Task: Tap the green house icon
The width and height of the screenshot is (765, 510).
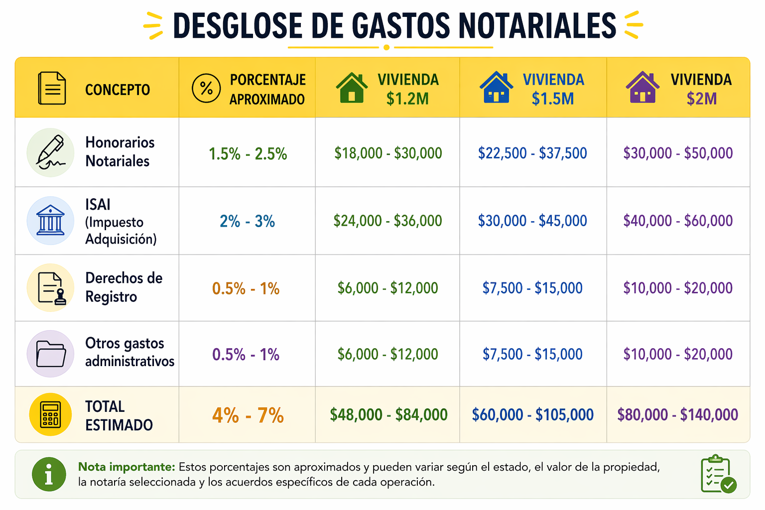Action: point(352,88)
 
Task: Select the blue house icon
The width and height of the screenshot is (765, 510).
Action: point(496,88)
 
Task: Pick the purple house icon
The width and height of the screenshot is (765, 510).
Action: point(642,88)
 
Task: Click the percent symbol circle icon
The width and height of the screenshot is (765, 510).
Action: point(206,88)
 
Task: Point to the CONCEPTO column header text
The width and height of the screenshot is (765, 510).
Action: point(118,90)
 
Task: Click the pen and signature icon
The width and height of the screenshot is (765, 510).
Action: point(50,152)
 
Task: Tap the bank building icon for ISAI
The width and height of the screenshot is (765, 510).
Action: point(50,220)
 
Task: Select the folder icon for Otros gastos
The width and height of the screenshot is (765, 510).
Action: point(50,354)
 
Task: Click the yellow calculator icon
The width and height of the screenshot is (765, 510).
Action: point(50,414)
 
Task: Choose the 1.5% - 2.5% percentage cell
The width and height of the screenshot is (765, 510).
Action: point(248,154)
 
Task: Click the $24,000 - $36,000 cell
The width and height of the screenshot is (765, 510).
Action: point(387,221)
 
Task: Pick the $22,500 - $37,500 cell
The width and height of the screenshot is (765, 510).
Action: point(532,153)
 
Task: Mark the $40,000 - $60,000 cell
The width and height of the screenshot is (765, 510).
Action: point(678,221)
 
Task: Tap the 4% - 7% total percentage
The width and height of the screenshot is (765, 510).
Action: point(248,415)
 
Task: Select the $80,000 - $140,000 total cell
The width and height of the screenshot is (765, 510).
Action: point(677,414)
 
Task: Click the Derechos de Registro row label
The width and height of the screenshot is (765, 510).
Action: point(124,287)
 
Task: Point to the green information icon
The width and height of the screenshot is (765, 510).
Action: point(49,474)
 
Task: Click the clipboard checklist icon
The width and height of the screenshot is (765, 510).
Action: point(718,474)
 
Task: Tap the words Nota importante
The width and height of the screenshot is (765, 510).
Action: point(127,467)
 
